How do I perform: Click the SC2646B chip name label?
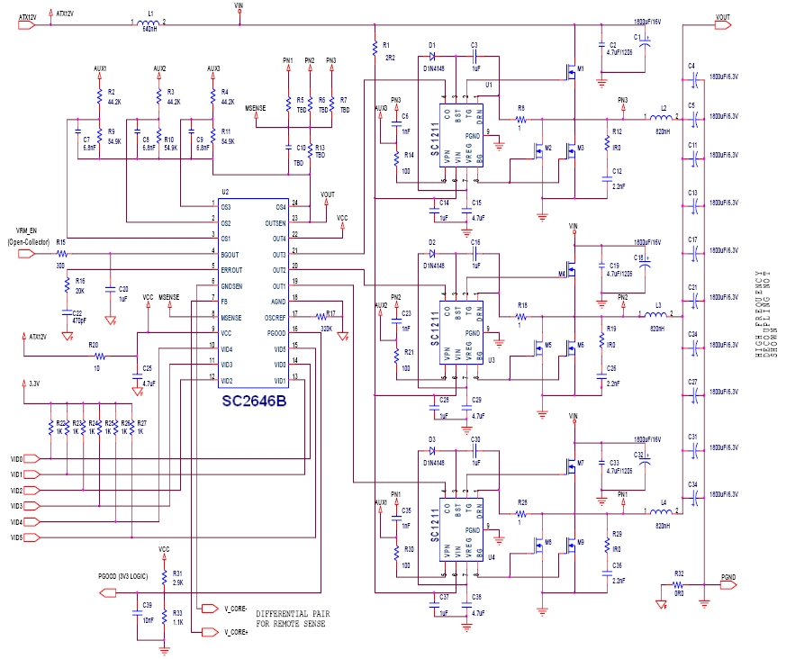pos(254,402)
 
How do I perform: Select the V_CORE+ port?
pos(210,632)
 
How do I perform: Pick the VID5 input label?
pos(16,537)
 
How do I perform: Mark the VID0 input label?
pos(16,458)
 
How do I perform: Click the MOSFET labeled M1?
pos(572,68)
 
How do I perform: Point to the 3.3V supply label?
pos(34,384)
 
